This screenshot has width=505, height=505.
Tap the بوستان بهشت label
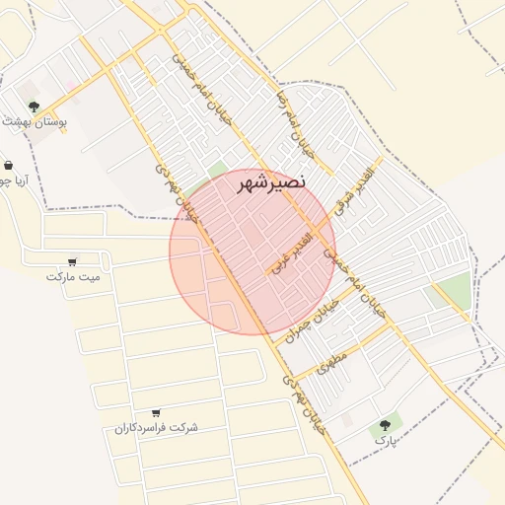click(35, 121)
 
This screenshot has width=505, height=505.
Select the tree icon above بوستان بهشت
click(34, 106)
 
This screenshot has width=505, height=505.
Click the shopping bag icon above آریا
click(9, 166)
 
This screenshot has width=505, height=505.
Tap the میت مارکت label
click(73, 277)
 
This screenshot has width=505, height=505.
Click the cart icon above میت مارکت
click(72, 262)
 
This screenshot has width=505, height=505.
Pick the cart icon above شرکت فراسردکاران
click(156, 412)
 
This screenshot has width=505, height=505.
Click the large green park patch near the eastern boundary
click(454, 290)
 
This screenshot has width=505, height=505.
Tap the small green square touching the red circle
click(217, 171)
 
